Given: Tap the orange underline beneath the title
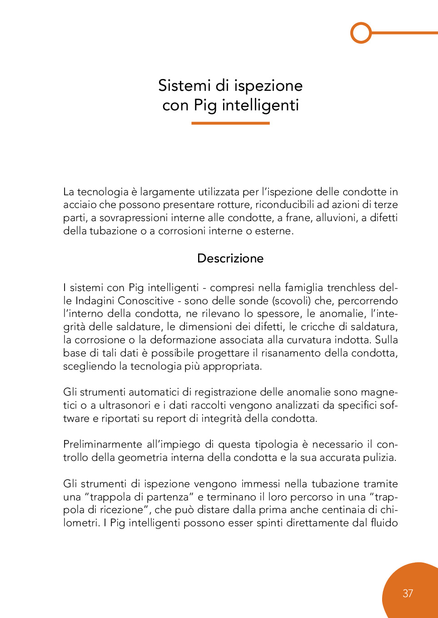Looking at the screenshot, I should pyautogui.click(x=230, y=123).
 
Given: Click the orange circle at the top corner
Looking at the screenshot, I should pyautogui.click(x=361, y=33).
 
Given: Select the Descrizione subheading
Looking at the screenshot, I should pyautogui.click(x=230, y=258).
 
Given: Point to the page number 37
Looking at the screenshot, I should pyautogui.click(x=408, y=593).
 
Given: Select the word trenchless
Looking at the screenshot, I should pyautogui.click(x=351, y=287).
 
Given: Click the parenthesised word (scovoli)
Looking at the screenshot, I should pyautogui.click(x=291, y=301).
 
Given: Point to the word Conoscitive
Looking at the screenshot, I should pyautogui.click(x=146, y=301).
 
